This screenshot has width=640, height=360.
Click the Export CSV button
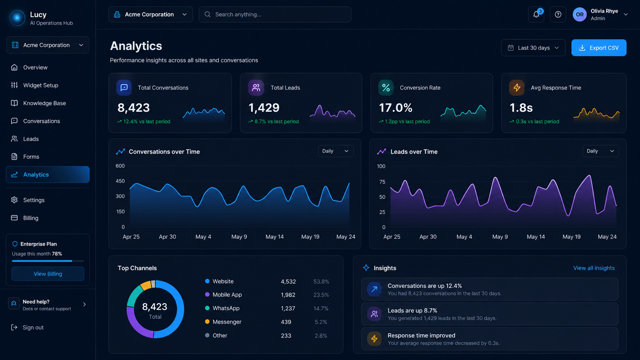coord(599,48)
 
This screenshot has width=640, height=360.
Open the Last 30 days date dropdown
coord(533,48)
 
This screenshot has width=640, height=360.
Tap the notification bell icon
coord(536,15)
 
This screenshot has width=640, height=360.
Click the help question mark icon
coord(558,15)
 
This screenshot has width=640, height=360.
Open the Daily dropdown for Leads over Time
coord(601,151)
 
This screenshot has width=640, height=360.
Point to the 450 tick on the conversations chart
coord(120,181)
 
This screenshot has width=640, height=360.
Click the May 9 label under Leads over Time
coord(500,237)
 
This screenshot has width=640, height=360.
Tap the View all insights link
coord(594,268)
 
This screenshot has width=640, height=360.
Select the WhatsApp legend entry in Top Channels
coord(222,308)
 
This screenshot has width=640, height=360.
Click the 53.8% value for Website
coord(321,282)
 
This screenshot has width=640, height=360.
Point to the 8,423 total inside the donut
coord(155,306)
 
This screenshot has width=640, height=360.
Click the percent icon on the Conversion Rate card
coord(386,88)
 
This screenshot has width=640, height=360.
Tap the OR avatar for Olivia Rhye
coord(580,15)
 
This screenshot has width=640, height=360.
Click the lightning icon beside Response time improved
coord(374,339)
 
